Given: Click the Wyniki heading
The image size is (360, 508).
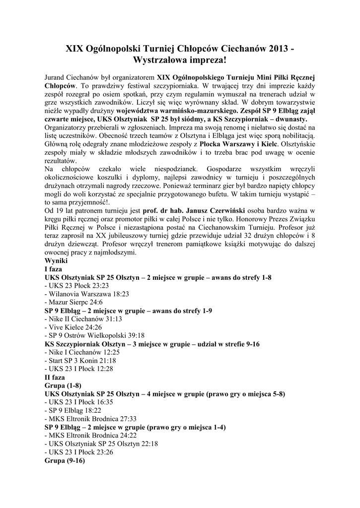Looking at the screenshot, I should coord(56,261).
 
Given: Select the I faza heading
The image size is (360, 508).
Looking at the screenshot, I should coord(54,269).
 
